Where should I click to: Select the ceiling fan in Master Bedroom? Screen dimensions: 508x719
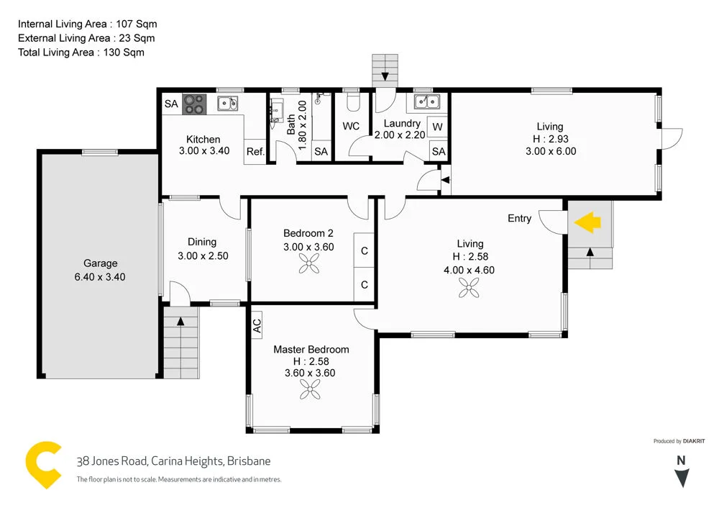[311, 390]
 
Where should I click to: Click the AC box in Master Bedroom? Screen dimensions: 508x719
[257, 326]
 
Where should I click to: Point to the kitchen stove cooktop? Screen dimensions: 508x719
[194, 104]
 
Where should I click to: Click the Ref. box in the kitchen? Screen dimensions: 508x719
[255, 152]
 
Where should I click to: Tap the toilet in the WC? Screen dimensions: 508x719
[352, 104]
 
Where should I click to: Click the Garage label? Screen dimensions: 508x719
[100, 263]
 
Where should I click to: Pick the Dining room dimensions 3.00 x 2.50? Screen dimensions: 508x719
[202, 255]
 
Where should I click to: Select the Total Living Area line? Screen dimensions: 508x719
[81, 53]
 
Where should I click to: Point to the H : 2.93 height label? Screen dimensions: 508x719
[551, 139]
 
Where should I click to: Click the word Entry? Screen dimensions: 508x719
[519, 218]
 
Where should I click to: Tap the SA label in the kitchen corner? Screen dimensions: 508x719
[170, 104]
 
